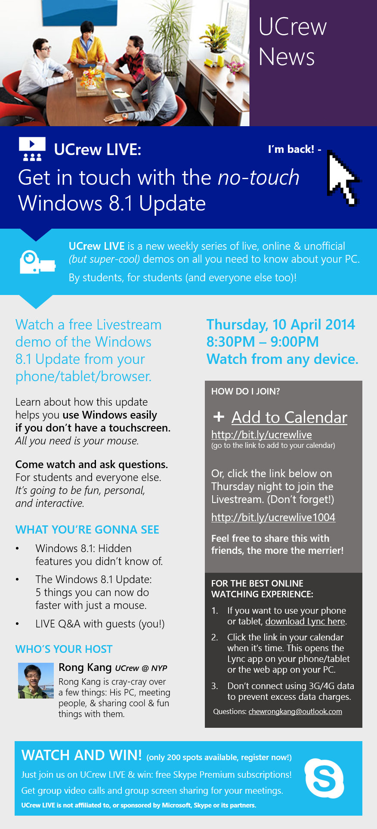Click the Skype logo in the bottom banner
click(324, 779)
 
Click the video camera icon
click(37, 262)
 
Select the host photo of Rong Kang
click(36, 681)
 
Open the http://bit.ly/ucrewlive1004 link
click(273, 517)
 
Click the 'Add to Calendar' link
click(289, 417)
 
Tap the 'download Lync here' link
click(305, 621)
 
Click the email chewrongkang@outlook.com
click(295, 711)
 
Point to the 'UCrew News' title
click(293, 42)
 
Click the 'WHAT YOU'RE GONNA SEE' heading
click(87, 530)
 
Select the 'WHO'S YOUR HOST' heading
click(64, 649)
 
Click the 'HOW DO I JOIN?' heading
click(245, 391)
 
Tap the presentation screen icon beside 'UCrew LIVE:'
click(32, 149)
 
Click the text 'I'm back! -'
click(294, 149)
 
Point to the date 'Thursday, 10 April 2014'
click(281, 324)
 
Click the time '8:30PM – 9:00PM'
click(263, 342)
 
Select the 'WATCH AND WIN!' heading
click(82, 755)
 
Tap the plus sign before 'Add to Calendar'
click(219, 416)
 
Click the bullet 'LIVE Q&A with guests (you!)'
click(100, 624)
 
